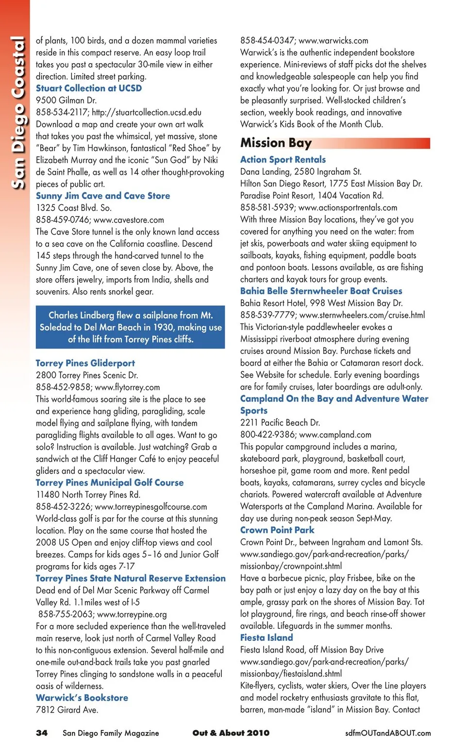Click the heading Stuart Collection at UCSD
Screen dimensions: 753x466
pyautogui.click(x=89, y=88)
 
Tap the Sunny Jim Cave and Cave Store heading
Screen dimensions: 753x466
pyautogui.click(x=103, y=196)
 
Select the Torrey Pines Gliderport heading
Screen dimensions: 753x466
pyautogui.click(x=85, y=363)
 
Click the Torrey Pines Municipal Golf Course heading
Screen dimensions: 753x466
pyautogui.click(x=110, y=483)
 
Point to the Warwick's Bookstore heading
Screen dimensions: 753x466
pyautogui.click(x=82, y=698)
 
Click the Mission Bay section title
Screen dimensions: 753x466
pyautogui.click(x=276, y=143)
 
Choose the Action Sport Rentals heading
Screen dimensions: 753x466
pyautogui.click(x=283, y=160)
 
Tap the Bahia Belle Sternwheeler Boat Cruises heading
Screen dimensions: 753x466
pyautogui.click(x=321, y=291)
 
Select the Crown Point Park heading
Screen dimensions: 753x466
pyautogui.click(x=277, y=530)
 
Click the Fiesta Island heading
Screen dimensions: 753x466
pyautogui.click(x=266, y=638)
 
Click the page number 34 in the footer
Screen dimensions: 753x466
pyautogui.click(x=42, y=733)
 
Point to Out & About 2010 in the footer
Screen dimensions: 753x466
pyautogui.click(x=231, y=733)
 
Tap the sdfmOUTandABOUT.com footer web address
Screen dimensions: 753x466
pyautogui.click(x=388, y=733)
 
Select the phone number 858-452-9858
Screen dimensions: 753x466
pyautogui.click(x=63, y=387)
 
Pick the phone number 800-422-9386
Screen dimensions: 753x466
pyautogui.click(x=267, y=435)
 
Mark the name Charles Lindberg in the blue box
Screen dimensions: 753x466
pyautogui.click(x=81, y=315)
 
